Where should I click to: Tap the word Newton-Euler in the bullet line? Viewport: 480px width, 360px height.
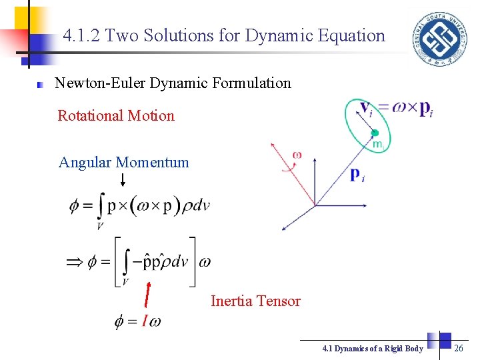tap(100, 83)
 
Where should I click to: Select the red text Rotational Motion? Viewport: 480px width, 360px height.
tap(116, 115)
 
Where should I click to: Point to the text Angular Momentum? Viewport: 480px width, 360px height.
tap(124, 162)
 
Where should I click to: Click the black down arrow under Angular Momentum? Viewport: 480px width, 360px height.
tap(123, 179)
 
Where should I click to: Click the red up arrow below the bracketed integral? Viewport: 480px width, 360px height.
tap(147, 297)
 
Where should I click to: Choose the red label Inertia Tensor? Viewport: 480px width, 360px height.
tap(255, 301)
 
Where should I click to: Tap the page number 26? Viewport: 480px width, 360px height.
tap(459, 348)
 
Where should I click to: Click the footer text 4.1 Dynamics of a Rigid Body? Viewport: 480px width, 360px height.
tap(372, 349)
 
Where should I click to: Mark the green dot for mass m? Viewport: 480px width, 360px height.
tap(375, 133)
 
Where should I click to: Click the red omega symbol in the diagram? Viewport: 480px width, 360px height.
tap(297, 155)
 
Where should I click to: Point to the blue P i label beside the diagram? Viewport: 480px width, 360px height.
tap(357, 175)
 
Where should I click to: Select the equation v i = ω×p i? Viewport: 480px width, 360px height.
tap(396, 109)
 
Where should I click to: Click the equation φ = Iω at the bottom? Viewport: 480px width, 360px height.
tap(138, 322)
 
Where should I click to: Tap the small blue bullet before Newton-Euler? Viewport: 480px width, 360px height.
tap(40, 85)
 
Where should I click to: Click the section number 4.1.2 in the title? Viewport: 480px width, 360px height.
tap(82, 35)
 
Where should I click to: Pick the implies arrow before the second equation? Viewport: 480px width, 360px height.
tap(76, 263)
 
